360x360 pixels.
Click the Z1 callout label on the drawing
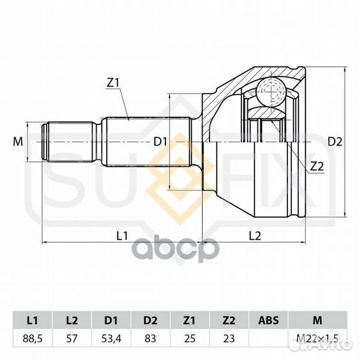click(x=113, y=83)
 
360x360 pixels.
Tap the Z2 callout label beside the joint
click(x=317, y=166)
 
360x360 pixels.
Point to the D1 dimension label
click(x=160, y=141)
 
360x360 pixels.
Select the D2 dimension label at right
click(x=335, y=141)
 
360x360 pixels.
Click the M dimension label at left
click(x=18, y=141)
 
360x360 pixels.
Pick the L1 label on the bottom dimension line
click(x=122, y=235)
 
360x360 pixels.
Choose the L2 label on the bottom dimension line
click(x=255, y=235)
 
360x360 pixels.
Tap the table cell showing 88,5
click(x=33, y=339)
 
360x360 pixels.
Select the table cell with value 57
click(x=72, y=339)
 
